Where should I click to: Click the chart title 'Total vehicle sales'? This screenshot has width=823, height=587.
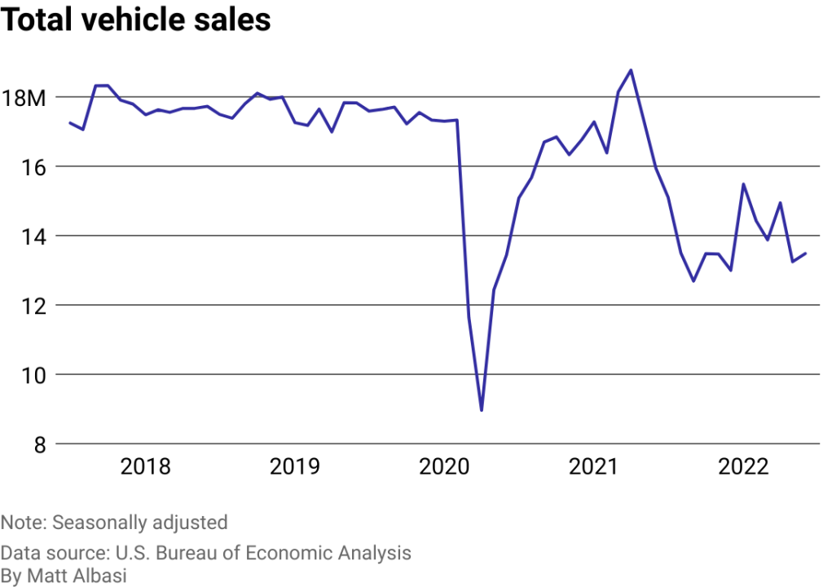[135, 20]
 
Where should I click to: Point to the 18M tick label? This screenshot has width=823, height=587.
[24, 99]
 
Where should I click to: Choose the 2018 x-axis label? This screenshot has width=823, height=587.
[145, 467]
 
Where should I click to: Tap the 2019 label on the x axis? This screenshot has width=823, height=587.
[295, 467]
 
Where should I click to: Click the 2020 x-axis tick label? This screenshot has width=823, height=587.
[444, 467]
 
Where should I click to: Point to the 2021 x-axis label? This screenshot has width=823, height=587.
[594, 467]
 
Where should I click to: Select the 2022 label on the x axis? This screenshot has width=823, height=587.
[743, 467]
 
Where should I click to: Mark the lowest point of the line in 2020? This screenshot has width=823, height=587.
[482, 410]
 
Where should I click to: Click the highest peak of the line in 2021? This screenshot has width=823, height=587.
[631, 70]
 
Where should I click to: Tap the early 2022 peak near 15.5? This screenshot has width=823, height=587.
[743, 184]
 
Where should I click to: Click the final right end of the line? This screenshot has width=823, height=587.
[805, 254]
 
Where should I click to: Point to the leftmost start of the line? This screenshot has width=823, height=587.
[70, 122]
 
